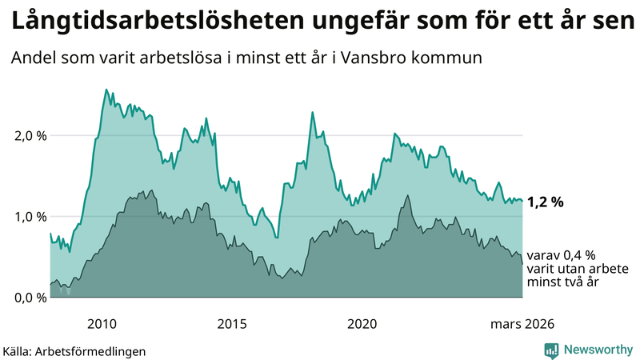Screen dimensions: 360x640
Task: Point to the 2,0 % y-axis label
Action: point(30,135)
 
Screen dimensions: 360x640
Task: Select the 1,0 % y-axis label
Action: point(30,217)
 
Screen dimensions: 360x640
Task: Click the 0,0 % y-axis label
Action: point(30,298)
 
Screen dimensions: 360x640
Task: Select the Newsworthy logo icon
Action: point(551,350)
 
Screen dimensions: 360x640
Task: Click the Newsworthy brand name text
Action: point(597,350)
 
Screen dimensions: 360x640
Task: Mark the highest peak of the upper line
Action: point(106,90)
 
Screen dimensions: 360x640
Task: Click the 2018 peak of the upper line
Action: point(312,112)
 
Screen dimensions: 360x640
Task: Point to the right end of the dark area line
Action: point(522,264)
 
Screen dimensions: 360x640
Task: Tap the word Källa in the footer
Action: point(18,350)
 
